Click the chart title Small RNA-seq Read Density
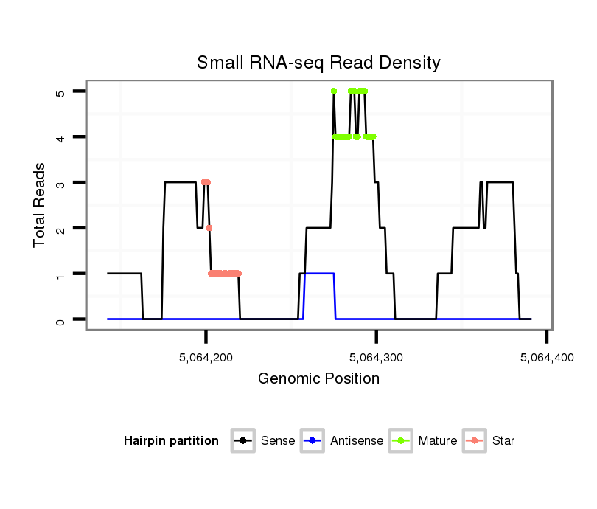[x=318, y=63]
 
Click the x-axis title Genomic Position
[x=318, y=379]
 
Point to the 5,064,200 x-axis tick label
[x=206, y=358]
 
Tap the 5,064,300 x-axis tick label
[x=376, y=358]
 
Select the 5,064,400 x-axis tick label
[x=545, y=358]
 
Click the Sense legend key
[x=242, y=441]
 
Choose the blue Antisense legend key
[x=313, y=441]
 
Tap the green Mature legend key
[x=401, y=441]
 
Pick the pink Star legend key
[x=474, y=441]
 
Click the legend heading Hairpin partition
[x=171, y=441]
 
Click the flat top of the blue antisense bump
[x=319, y=274]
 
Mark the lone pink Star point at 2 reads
[x=209, y=229]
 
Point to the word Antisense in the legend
[x=357, y=441]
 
